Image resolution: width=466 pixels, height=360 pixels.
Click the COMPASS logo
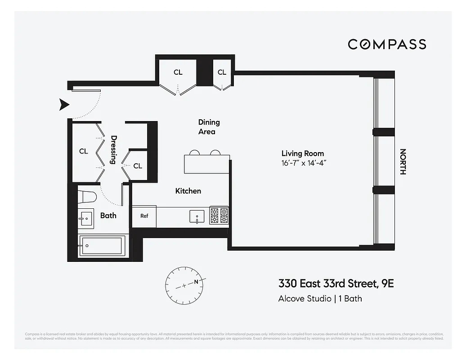click(387, 44)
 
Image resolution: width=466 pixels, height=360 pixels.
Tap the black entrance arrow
click(65, 105)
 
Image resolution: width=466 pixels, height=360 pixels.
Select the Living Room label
click(302, 153)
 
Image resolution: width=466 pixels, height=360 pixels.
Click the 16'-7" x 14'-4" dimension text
click(303, 162)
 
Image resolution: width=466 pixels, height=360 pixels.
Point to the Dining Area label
click(209, 127)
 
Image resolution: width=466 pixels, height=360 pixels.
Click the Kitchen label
click(188, 191)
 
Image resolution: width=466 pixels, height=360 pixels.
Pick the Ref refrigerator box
click(144, 216)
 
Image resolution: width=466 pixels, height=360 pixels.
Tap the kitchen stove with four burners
click(219, 216)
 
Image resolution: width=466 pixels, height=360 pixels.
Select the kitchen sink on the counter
click(197, 216)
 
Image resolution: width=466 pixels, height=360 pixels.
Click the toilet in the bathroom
click(87, 196)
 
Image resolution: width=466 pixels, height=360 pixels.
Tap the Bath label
click(108, 216)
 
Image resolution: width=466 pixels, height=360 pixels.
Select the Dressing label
click(114, 150)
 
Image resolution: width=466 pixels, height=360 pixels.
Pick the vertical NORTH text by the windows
click(403, 162)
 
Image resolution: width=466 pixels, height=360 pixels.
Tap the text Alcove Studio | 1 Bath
click(320, 298)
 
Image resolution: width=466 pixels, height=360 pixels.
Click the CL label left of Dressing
click(84, 151)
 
